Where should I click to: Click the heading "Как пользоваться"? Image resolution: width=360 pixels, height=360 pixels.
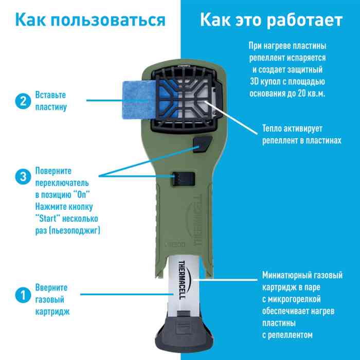pos(90,21)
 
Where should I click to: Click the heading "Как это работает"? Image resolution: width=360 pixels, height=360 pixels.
pos(271,21)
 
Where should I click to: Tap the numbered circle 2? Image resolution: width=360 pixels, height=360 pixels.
pos(21,101)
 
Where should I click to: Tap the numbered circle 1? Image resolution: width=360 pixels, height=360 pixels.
pos(21,295)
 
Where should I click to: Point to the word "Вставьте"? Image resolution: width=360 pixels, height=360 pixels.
pos(50,96)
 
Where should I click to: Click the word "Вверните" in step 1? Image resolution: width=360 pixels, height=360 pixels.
pos(51,288)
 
